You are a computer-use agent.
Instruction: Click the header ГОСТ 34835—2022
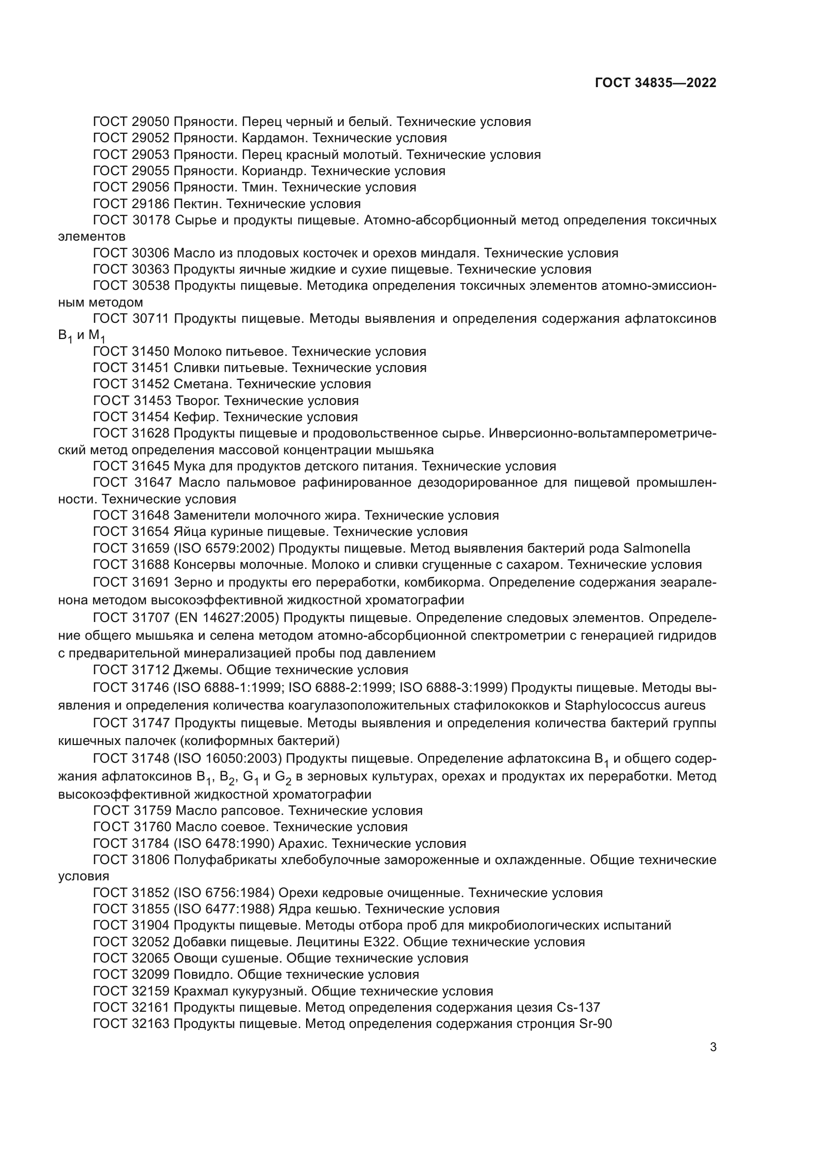pyautogui.click(x=655, y=83)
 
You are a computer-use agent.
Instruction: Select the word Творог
pyautogui.click(x=196, y=401)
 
